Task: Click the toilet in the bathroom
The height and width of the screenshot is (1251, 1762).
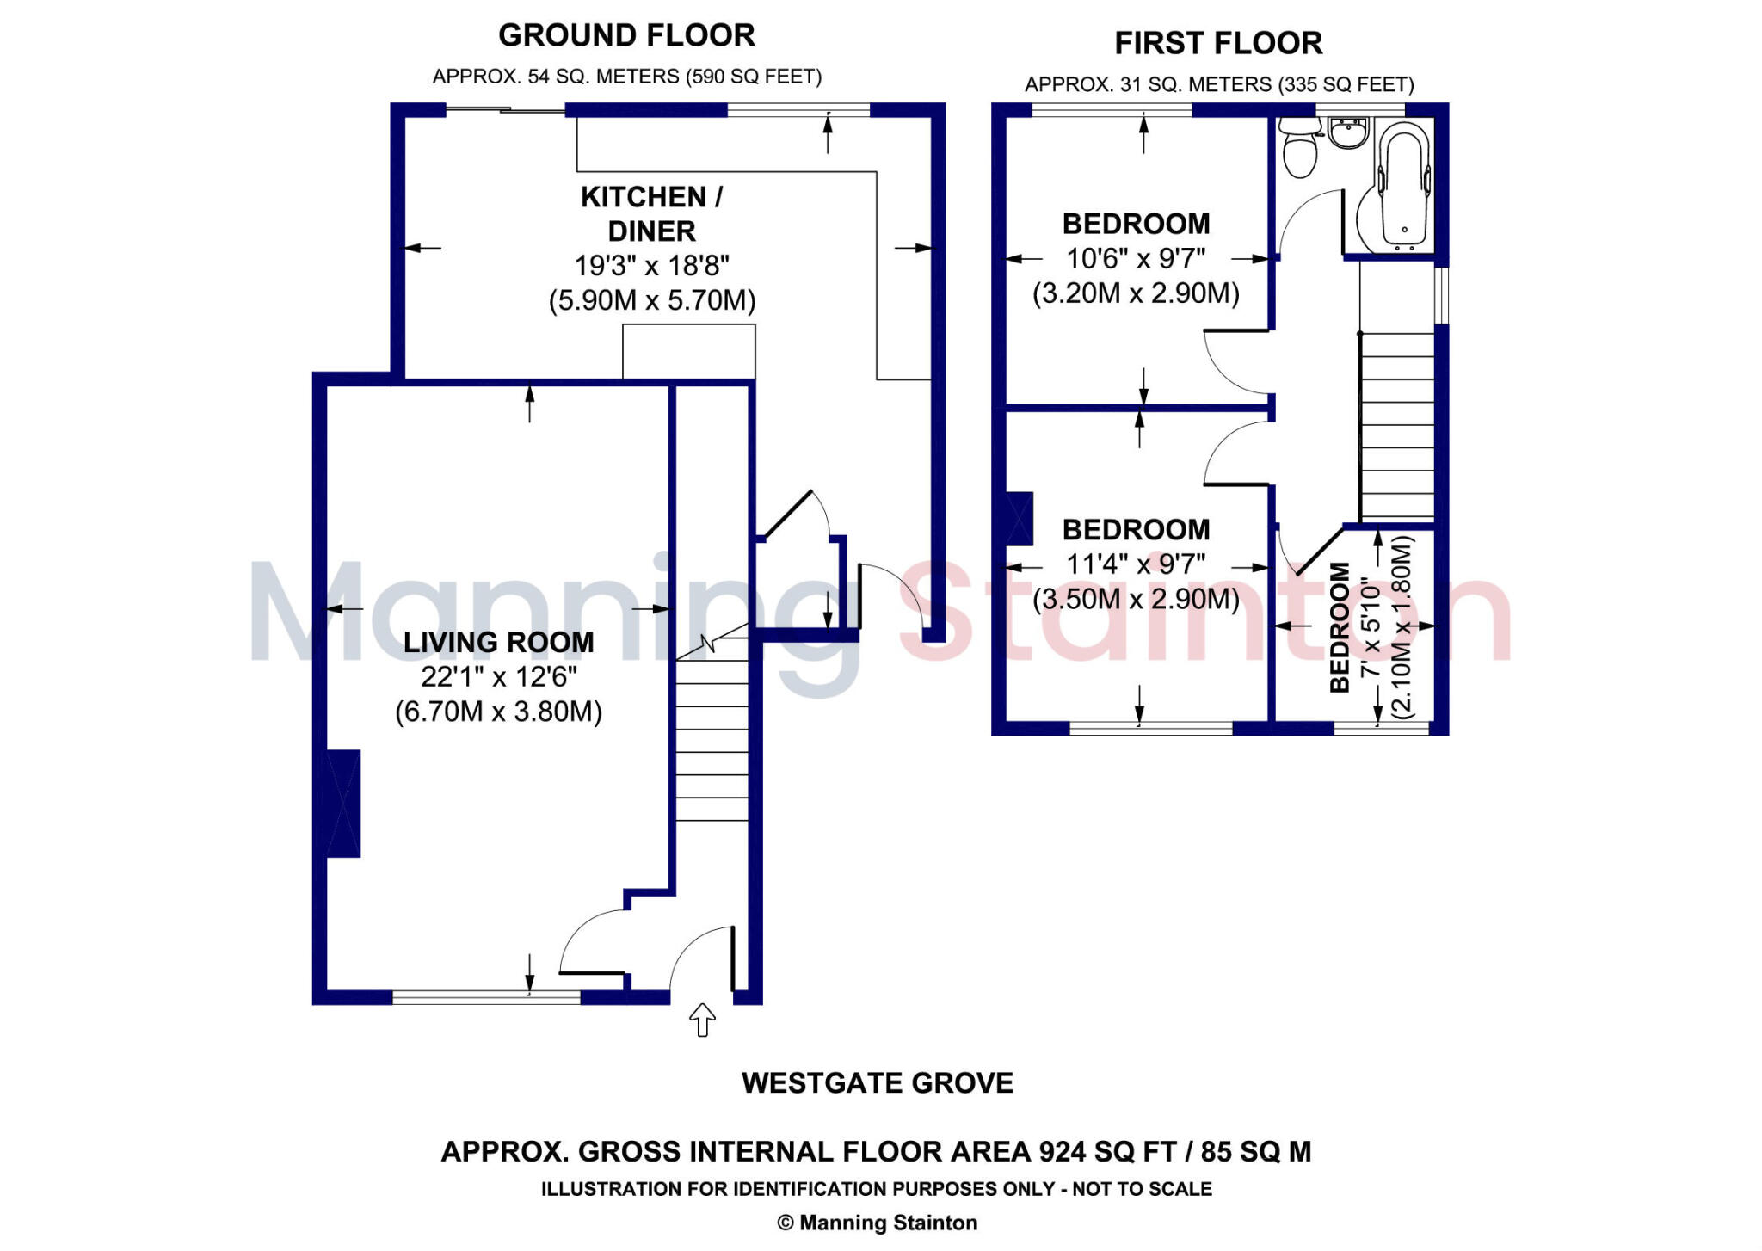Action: (1299, 151)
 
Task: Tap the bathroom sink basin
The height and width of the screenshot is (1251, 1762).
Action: (1347, 134)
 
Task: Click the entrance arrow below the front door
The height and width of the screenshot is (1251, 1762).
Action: (703, 1020)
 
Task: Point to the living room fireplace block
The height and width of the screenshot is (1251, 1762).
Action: (343, 804)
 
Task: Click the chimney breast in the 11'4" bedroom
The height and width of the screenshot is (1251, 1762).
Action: (1020, 519)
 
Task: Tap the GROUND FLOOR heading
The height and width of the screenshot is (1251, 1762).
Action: (626, 35)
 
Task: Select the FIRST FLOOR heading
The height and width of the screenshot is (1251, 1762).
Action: (1218, 43)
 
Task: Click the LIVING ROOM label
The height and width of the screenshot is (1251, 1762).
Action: (498, 642)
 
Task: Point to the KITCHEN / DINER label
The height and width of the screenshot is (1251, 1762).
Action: (651, 213)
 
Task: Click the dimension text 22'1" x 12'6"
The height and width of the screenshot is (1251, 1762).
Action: (498, 677)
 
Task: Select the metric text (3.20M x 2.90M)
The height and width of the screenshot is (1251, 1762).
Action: (1136, 293)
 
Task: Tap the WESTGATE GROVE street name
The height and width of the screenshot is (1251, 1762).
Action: (878, 1082)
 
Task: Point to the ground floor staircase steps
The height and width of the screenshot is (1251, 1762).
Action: (712, 740)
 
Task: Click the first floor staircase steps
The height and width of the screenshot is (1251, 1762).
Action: (1397, 426)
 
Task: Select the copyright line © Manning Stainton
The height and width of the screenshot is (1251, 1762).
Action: (878, 1223)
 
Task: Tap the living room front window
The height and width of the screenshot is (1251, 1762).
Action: (486, 997)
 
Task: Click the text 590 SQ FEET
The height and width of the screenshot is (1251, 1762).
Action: (751, 77)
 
